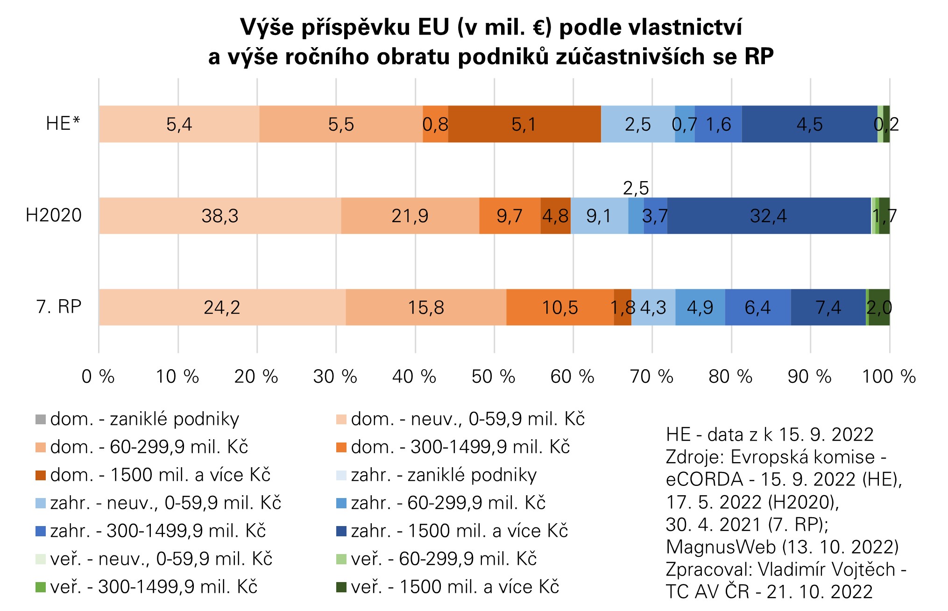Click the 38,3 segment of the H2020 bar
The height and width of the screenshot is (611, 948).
219,216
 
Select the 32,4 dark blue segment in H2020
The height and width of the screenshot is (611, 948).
769,216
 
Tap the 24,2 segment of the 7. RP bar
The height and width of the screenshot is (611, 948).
222,307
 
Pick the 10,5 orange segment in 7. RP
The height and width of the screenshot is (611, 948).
559,307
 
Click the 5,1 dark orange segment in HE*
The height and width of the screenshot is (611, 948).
524,124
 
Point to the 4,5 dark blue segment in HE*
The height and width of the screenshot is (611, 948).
809,124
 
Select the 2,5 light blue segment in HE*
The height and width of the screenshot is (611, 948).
637,124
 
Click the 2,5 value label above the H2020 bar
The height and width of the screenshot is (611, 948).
636,188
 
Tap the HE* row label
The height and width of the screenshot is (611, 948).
63,124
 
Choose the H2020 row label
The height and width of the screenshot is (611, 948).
54,215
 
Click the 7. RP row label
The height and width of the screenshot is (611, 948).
59,307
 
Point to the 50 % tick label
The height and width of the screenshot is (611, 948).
493,376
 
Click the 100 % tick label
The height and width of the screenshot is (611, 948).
888,376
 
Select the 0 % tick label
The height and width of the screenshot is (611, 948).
98,376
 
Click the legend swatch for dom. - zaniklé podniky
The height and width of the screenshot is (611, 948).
41,419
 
